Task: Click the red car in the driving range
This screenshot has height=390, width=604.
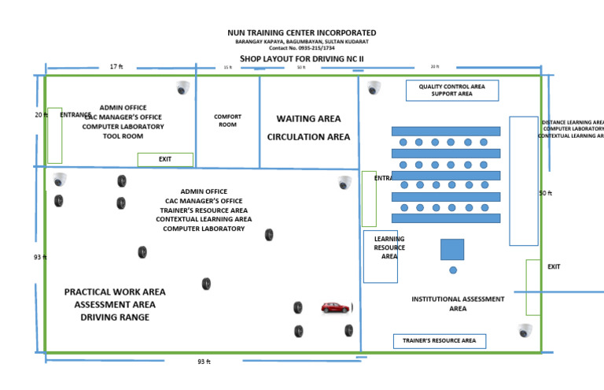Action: tap(336, 308)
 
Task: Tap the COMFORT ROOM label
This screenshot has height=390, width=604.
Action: tap(228, 121)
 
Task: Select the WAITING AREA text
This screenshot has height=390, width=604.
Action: tap(308, 119)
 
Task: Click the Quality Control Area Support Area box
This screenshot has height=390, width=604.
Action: tap(452, 91)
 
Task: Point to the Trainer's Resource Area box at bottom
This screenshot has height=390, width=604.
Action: tap(440, 341)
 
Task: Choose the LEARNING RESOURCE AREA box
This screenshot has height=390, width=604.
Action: tap(381, 256)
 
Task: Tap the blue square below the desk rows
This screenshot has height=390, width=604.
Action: tap(452, 250)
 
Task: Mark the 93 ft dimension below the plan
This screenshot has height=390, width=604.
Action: tap(204, 362)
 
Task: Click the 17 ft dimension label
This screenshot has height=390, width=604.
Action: tap(116, 67)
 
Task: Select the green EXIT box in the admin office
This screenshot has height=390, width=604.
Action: tap(165, 159)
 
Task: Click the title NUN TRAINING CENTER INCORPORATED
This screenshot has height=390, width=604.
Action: tap(302, 33)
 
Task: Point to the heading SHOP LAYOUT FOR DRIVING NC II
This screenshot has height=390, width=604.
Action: tap(302, 59)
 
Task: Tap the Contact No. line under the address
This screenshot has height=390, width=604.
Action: tap(302, 48)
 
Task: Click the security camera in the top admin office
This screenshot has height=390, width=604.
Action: tap(183, 87)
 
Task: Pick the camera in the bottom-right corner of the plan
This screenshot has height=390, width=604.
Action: tap(525, 330)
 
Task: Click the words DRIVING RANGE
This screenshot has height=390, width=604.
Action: tap(115, 318)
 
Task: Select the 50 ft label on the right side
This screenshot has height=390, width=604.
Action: tap(545, 193)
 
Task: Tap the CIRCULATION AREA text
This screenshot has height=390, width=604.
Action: tap(308, 137)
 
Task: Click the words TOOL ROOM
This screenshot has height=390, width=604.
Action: tap(123, 136)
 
